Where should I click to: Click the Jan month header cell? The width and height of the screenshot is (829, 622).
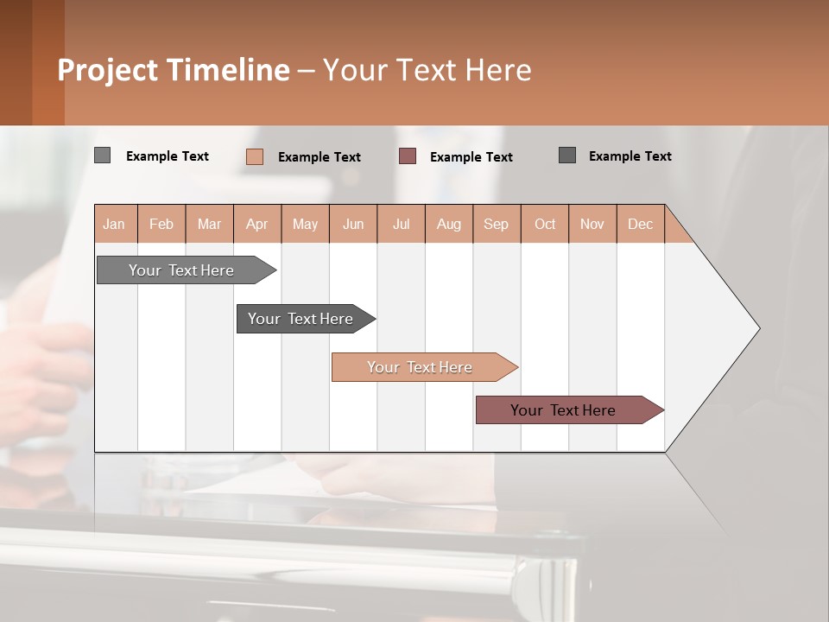[x=115, y=224]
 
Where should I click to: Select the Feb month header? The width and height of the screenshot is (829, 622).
[x=161, y=224]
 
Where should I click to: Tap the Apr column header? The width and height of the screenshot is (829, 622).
[x=257, y=224]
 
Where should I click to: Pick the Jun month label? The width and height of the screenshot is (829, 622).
[x=353, y=224]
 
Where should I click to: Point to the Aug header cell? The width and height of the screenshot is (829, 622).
[x=449, y=224]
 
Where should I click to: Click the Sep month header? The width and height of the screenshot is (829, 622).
[x=497, y=224]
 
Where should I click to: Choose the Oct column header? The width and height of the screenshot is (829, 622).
[x=545, y=224]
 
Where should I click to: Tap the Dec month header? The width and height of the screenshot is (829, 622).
[x=641, y=224]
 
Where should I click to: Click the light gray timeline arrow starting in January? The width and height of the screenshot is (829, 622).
[x=181, y=270]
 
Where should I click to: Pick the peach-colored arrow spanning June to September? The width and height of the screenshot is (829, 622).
[x=421, y=367]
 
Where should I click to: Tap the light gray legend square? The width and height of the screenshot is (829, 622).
[x=102, y=155]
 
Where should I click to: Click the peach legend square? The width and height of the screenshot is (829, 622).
[x=254, y=156]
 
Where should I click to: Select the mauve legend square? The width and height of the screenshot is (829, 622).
[x=408, y=156]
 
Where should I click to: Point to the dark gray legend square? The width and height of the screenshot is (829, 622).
[x=567, y=155]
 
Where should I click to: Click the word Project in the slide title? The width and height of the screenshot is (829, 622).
[x=107, y=70]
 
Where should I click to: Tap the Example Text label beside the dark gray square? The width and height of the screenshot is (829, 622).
[x=630, y=156]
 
